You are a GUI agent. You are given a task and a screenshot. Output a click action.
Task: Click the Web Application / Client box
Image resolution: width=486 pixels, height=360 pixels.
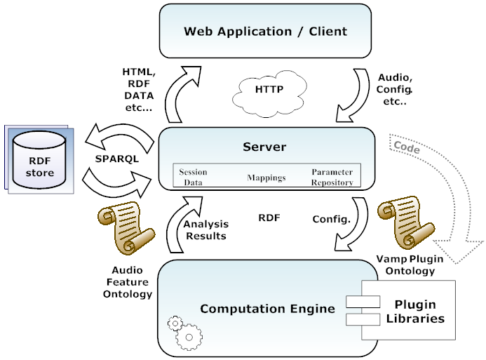point(265,31)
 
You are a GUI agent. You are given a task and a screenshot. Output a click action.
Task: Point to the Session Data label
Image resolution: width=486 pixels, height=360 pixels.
point(192,176)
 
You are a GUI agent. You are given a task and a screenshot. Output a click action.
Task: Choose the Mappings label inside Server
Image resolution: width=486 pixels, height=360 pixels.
point(266,178)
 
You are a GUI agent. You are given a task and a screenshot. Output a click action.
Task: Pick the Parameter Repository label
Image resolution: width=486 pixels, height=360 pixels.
point(332,176)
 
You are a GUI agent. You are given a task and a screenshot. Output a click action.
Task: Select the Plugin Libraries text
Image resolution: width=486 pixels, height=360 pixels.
point(419,312)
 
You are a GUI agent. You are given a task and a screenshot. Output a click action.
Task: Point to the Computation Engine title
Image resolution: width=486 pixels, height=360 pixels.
point(267,309)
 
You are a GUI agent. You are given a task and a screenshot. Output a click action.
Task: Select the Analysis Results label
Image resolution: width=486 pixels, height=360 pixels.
point(205,230)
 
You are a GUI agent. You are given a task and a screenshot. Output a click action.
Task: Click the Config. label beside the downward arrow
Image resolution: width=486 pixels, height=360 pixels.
point(331,219)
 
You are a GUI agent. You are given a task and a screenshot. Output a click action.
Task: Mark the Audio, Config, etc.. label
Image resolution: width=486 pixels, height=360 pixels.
point(395,90)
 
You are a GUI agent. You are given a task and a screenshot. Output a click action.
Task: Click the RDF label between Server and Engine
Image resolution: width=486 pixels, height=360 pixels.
point(269,218)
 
